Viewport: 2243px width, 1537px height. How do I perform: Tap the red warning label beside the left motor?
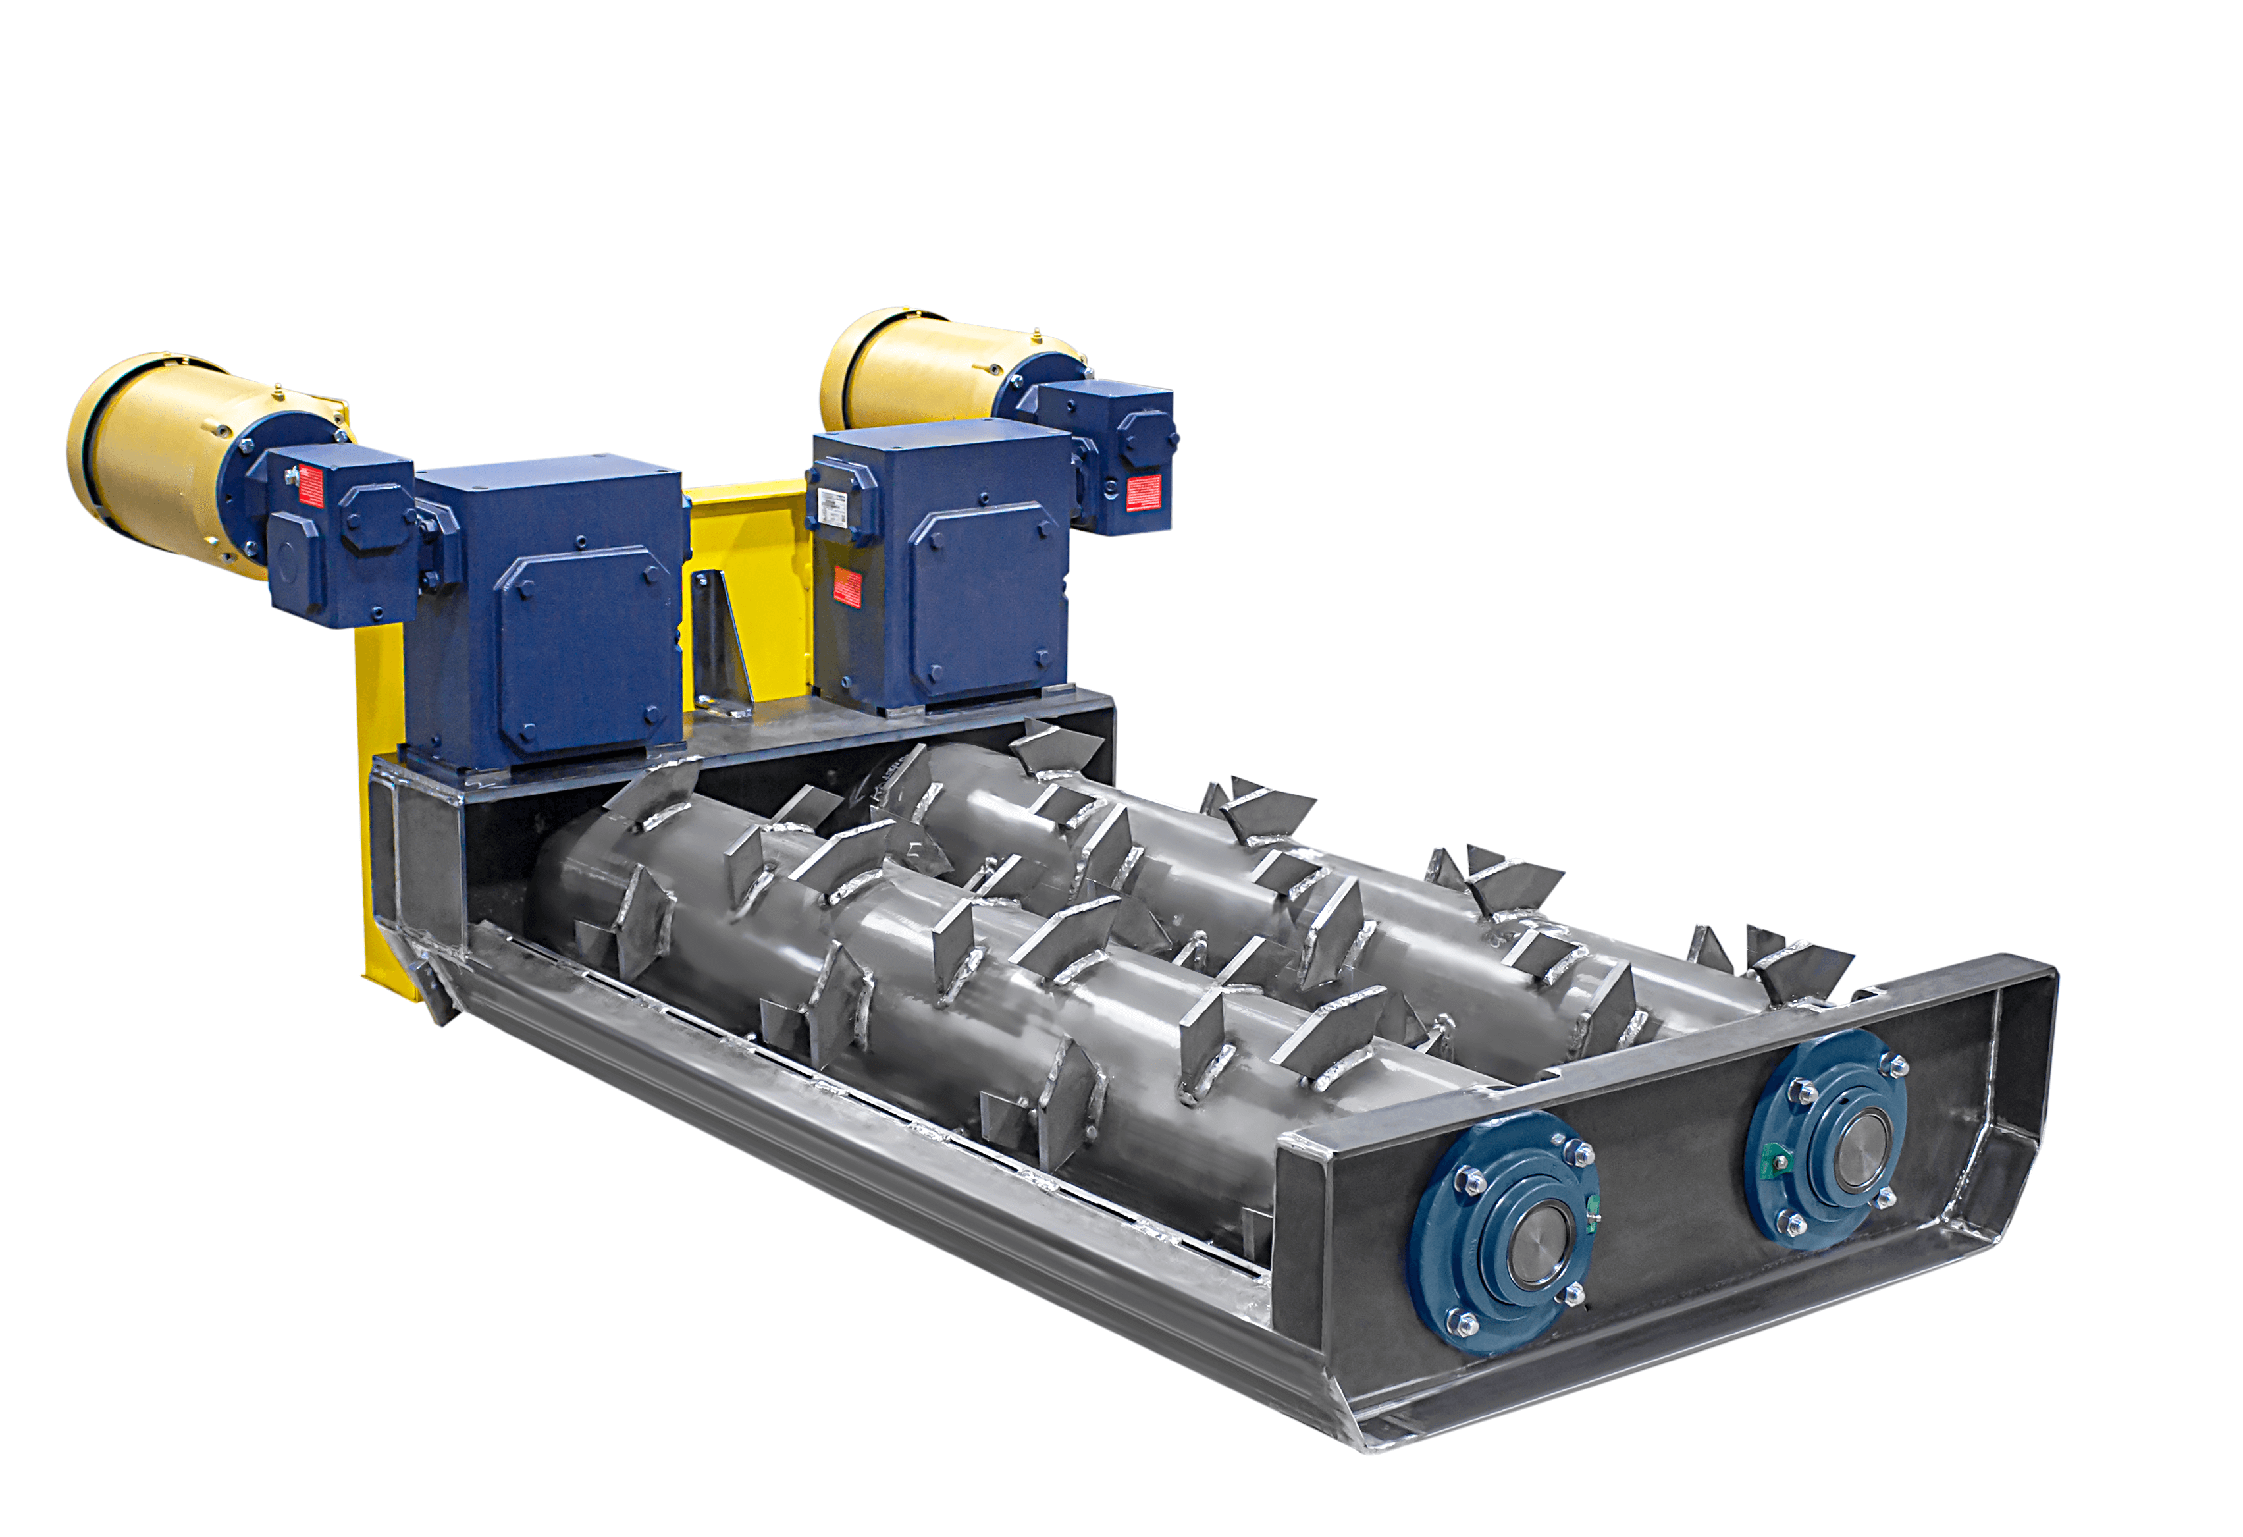311,485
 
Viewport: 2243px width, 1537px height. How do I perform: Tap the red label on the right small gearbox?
1144,493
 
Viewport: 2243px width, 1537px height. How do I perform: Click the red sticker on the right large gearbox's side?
847,586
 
